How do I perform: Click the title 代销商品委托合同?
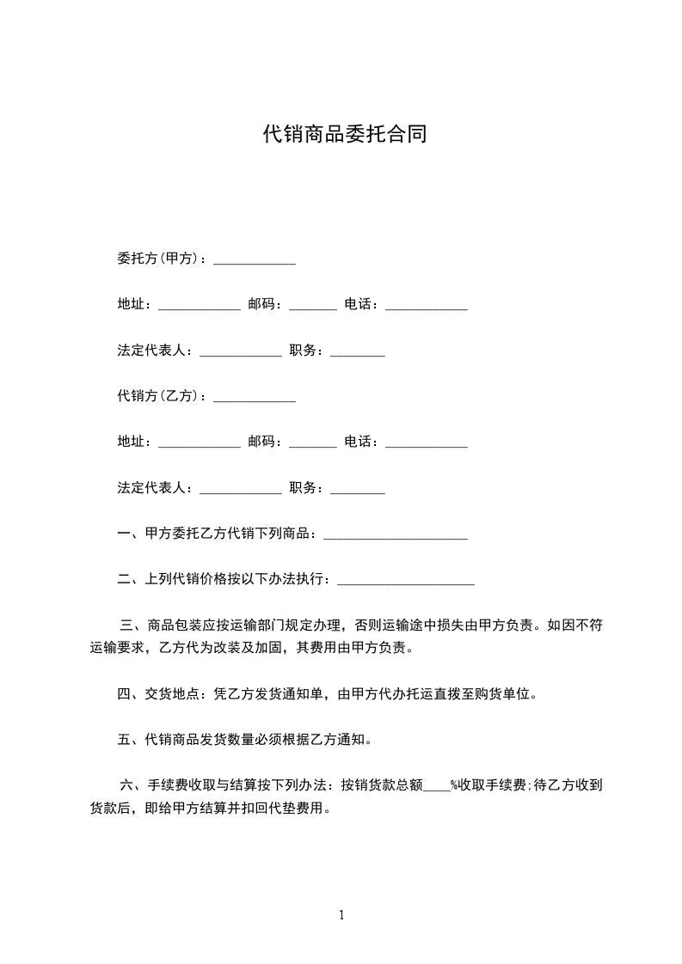tap(344, 135)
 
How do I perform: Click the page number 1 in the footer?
tap(341, 915)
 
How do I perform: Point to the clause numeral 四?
tap(124, 693)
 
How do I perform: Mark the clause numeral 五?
tap(124, 739)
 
